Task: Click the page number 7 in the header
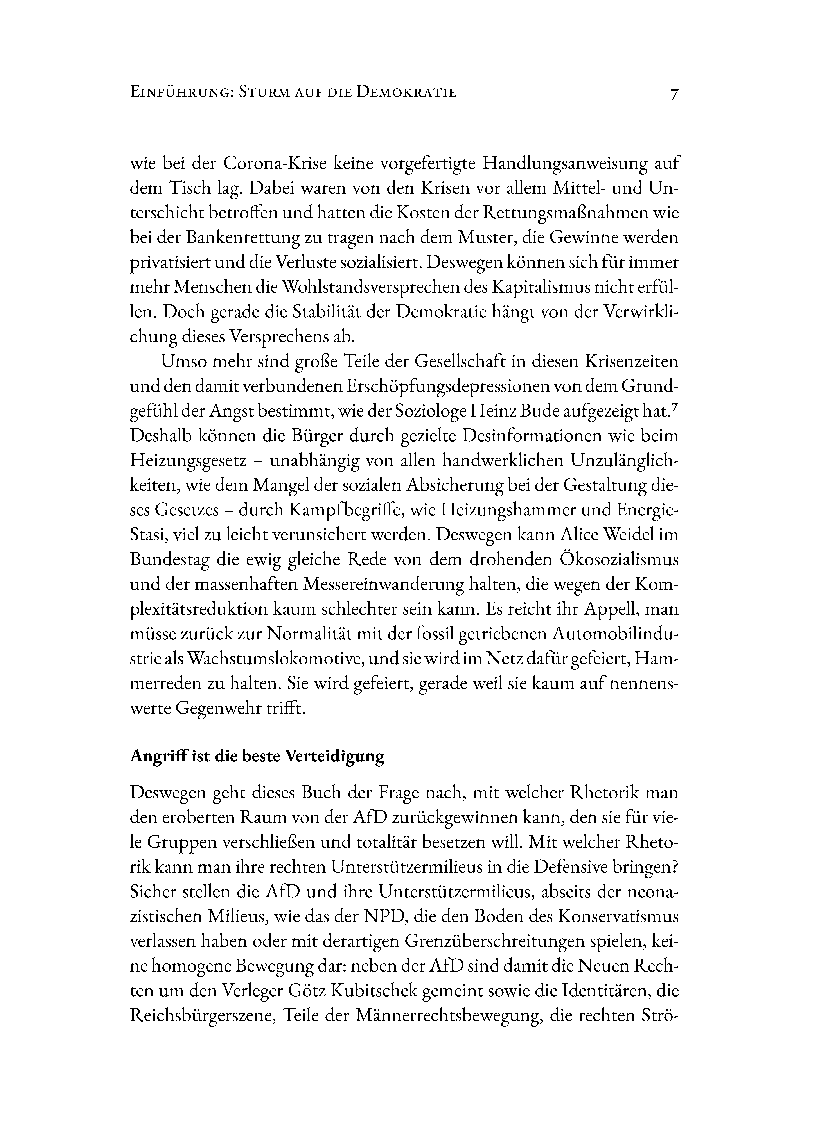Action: click(674, 94)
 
